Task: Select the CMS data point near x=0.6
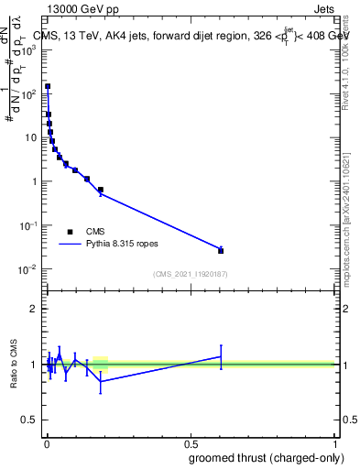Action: click(x=220, y=250)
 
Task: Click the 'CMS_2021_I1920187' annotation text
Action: click(x=190, y=274)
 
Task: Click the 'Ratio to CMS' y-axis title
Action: click(x=15, y=364)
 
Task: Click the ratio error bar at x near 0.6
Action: click(x=220, y=356)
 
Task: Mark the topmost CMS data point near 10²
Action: click(x=48, y=86)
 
